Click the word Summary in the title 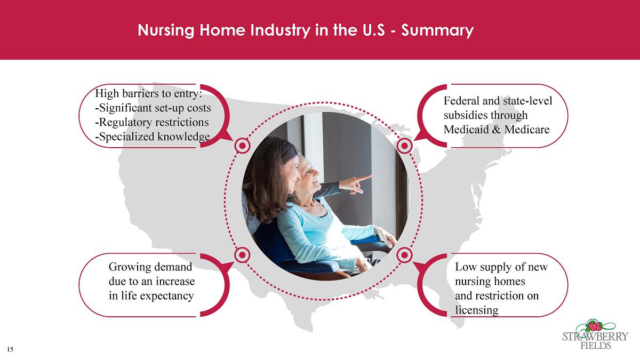437,30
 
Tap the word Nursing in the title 166,30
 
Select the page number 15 10,349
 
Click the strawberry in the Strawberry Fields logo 595,326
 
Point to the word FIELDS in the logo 595,346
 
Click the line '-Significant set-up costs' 153,108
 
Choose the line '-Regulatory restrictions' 152,122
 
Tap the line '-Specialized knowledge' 153,137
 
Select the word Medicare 527,130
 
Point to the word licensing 477,310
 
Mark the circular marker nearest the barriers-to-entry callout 242,146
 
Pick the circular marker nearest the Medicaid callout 404,146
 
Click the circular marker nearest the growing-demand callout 242,254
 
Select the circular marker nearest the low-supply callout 404,254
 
